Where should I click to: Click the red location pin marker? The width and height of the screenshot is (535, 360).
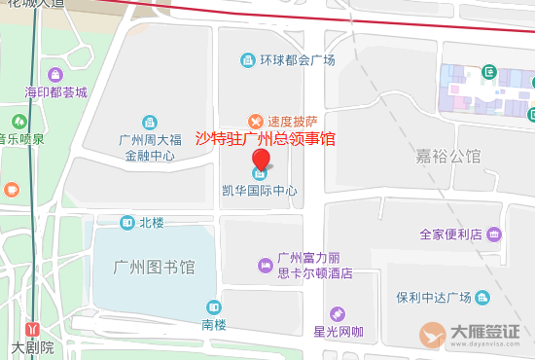(x=261, y=162)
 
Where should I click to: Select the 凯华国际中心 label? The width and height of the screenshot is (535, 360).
(x=261, y=191)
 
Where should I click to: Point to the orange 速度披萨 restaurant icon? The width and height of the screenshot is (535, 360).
(x=255, y=121)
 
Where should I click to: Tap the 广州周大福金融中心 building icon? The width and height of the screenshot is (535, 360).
(x=149, y=123)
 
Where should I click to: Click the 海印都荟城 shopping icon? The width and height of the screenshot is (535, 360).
(x=55, y=75)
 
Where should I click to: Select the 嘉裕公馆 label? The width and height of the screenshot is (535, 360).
(x=449, y=156)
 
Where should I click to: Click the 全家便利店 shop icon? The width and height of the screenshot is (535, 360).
(x=494, y=234)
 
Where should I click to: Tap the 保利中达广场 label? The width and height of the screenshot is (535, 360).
(x=433, y=297)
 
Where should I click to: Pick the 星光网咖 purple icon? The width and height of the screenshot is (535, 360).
(x=338, y=313)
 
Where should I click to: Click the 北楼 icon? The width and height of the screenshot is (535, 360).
(x=127, y=223)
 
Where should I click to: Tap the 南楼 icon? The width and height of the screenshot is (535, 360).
(x=214, y=306)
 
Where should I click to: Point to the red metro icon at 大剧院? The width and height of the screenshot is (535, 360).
(x=32, y=330)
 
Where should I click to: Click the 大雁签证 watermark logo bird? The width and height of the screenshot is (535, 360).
(x=434, y=334)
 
